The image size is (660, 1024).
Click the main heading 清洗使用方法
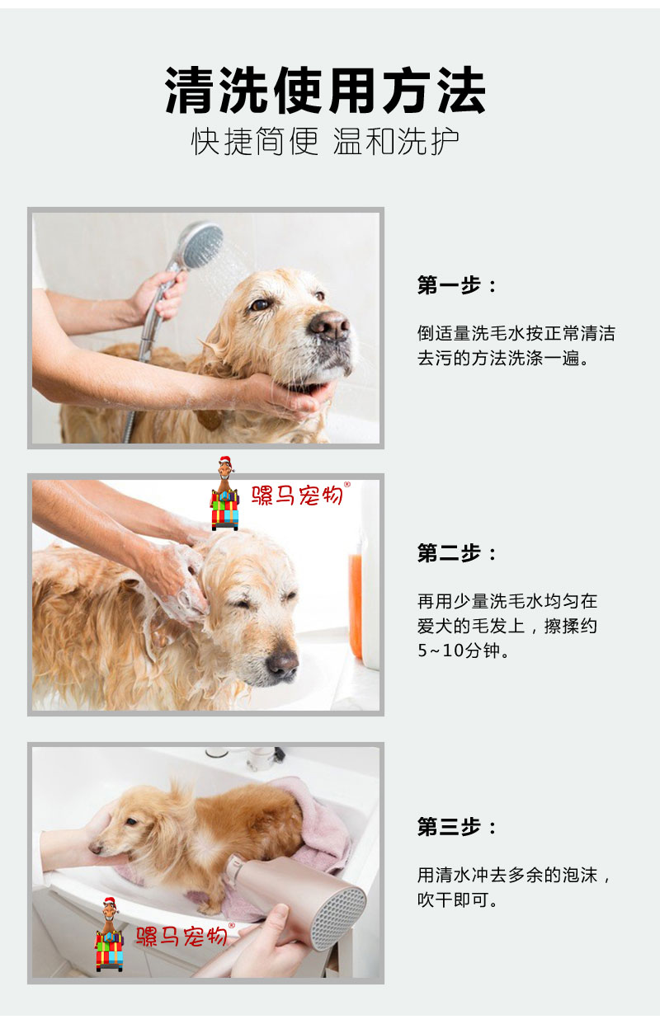tap(325, 90)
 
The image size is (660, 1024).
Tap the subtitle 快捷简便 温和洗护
tap(325, 141)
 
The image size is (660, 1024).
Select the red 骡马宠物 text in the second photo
tap(298, 495)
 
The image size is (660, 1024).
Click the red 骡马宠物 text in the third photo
tap(183, 936)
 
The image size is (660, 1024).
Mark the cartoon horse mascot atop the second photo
tap(224, 493)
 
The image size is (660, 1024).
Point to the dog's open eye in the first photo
tap(259, 305)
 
